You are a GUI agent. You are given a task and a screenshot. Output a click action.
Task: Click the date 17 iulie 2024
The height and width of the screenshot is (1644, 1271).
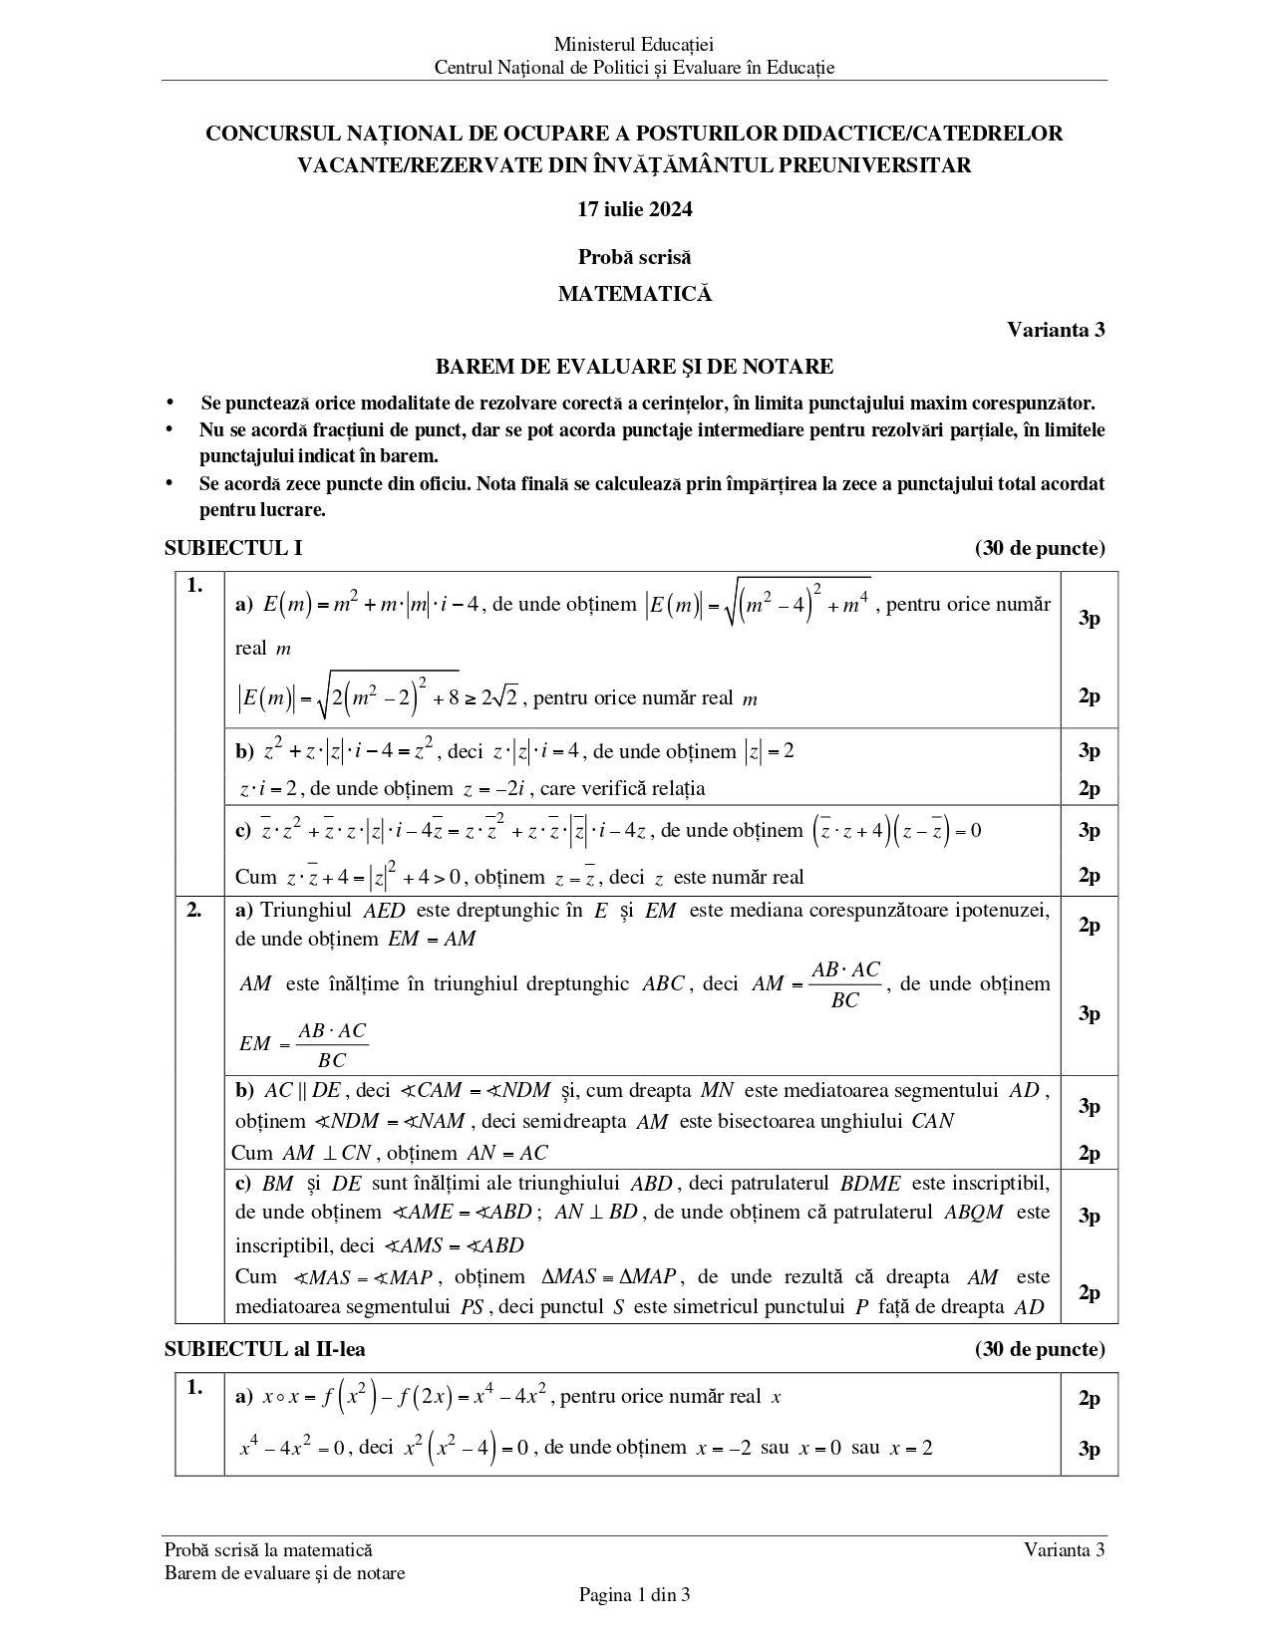[634, 209]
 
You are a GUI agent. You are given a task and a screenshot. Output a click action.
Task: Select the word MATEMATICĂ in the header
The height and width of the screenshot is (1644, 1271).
[634, 294]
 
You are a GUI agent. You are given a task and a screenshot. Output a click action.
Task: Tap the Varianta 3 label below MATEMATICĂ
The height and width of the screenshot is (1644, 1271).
[1055, 330]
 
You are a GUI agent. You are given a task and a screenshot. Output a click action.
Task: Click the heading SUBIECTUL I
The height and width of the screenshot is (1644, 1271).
[233, 548]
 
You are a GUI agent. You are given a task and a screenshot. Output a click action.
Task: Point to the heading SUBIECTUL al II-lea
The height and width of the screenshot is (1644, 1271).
[264, 1349]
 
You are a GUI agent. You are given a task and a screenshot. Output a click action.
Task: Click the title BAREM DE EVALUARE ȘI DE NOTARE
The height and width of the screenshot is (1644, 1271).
[634, 367]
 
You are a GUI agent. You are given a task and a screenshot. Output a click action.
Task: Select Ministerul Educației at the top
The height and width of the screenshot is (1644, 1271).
[634, 44]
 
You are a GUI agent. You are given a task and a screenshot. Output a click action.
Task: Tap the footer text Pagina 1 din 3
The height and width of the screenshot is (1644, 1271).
[634, 1595]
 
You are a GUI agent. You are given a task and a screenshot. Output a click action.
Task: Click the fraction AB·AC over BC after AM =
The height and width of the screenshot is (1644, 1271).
[845, 984]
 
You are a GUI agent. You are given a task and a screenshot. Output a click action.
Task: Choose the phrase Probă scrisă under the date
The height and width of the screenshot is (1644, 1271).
[634, 257]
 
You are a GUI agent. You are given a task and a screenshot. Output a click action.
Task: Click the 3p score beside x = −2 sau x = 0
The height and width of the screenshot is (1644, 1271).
[1089, 1449]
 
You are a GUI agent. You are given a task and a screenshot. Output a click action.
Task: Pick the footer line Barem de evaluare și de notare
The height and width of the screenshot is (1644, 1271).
[285, 1573]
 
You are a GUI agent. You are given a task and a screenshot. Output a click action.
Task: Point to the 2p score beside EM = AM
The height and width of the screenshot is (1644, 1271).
[1089, 925]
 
